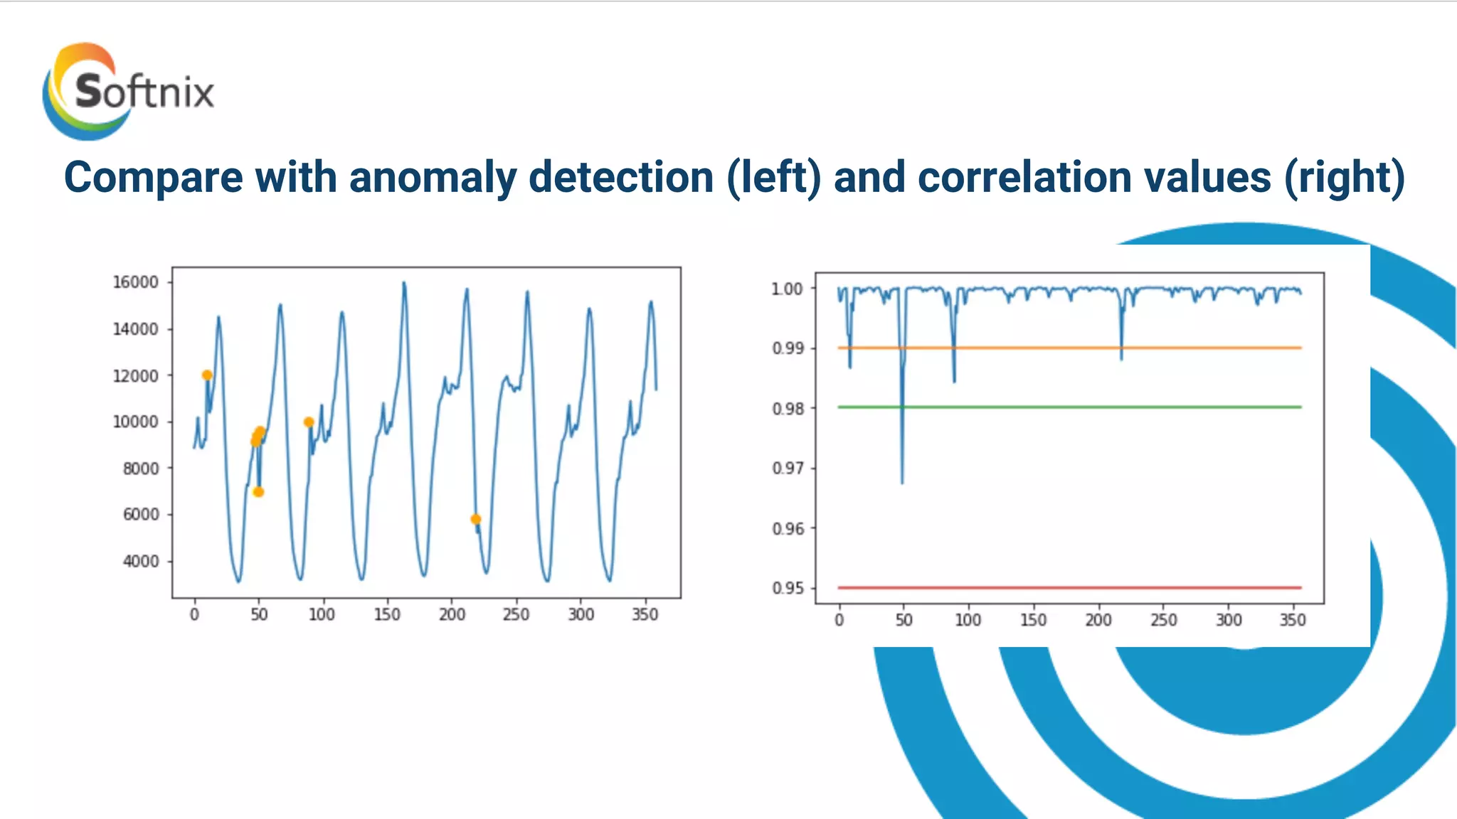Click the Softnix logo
tap(128, 91)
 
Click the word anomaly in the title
tap(433, 177)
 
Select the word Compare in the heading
tap(152, 177)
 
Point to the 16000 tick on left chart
tap(135, 282)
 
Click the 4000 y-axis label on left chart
tap(140, 561)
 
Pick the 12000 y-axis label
tap(135, 375)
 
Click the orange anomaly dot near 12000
tap(207, 375)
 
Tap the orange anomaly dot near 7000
tap(258, 492)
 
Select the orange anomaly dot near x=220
tap(476, 519)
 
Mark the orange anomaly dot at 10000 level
tap(309, 422)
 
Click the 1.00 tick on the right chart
tap(787, 289)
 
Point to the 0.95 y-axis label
tap(787, 588)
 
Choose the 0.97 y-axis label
tap(787, 468)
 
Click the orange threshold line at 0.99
tap(1067, 348)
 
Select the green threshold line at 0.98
tap(1067, 407)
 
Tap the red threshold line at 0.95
tap(1067, 587)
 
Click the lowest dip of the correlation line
tap(902, 482)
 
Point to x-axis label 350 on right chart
tap(1293, 620)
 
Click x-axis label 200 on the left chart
tap(452, 614)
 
